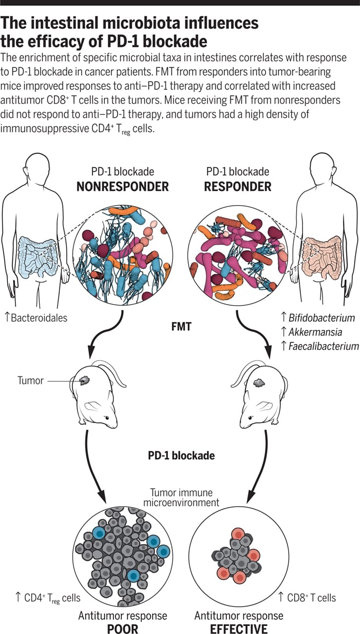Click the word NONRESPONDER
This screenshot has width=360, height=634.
coord(123,186)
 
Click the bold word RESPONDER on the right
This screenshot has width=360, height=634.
coord(238,186)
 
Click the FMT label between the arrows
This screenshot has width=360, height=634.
coord(180,327)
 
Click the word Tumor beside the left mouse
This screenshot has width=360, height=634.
coord(31,380)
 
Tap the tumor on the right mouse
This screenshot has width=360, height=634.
coord(258,382)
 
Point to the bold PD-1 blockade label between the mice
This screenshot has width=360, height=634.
coord(181,455)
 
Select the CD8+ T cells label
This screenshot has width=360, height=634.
coord(311,597)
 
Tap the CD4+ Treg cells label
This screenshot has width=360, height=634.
coord(49,597)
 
